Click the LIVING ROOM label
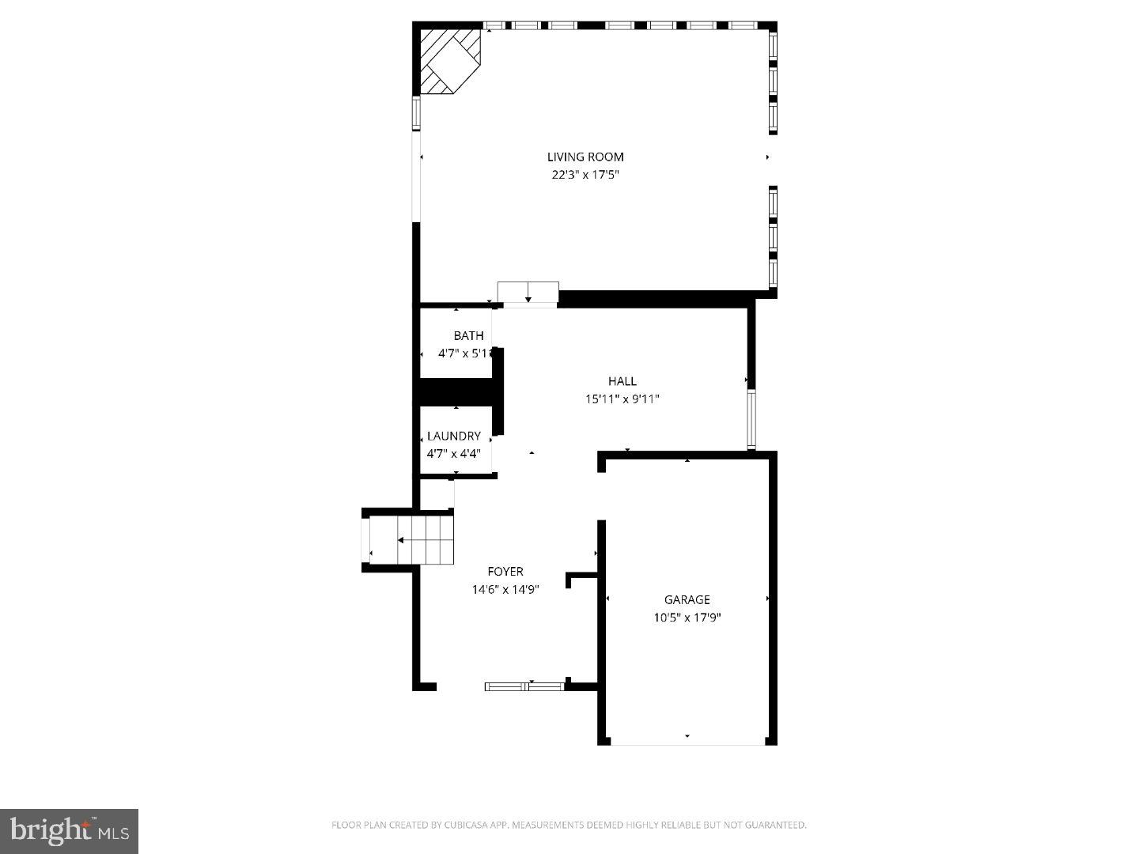click(585, 157)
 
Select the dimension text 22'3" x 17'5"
click(585, 175)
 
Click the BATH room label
click(468, 336)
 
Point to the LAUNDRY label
click(454, 436)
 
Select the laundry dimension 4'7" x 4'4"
click(454, 454)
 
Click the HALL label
click(622, 381)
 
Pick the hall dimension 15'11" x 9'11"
click(622, 399)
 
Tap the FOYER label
click(505, 571)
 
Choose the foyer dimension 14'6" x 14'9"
click(505, 589)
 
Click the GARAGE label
click(687, 599)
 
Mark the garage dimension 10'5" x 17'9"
click(687, 618)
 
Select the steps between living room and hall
click(528, 292)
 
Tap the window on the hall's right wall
click(751, 419)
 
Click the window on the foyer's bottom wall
click(524, 686)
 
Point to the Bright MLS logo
click(70, 830)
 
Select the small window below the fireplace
click(416, 113)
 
